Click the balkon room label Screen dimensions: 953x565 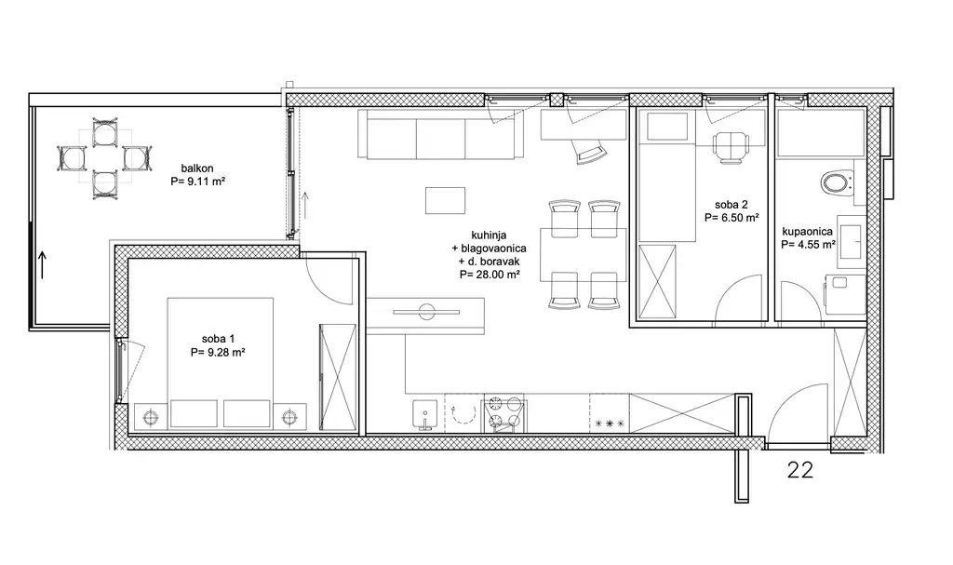point(197,168)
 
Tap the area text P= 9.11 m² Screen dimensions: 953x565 point(198,181)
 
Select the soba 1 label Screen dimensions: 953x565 point(218,339)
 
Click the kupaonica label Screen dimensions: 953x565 point(807,232)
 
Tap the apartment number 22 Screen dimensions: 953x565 point(799,470)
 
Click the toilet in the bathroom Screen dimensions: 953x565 point(837,182)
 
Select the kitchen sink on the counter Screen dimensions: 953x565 point(424,415)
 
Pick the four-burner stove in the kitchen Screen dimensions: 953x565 point(504,414)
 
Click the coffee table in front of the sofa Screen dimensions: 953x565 point(445,201)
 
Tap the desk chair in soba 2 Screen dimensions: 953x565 point(730,148)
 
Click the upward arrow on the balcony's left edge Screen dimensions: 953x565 point(42,265)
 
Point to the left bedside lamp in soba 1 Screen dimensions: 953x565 point(150,418)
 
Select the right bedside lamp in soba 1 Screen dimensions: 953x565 point(290,418)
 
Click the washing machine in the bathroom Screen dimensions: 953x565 point(845,294)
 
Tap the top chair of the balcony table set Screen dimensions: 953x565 point(104,133)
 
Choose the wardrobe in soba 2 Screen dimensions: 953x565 point(657,282)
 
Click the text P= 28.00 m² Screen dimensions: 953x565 point(490,275)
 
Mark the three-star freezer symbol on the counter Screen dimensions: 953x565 point(609,424)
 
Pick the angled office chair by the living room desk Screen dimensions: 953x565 point(588,150)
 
